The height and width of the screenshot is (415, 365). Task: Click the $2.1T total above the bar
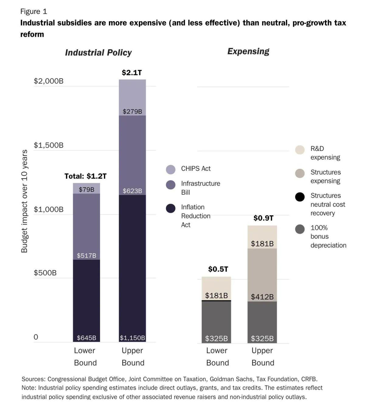pyautogui.click(x=132, y=72)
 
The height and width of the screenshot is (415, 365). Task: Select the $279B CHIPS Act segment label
pyautogui.click(x=132, y=111)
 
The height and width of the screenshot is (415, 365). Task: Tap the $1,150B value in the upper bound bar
pyautogui.click(x=132, y=338)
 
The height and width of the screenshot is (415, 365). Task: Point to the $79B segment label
pyautogui.click(x=86, y=189)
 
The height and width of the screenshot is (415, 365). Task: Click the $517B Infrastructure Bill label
pyautogui.click(x=86, y=255)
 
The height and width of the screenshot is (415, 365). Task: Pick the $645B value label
pyautogui.click(x=86, y=338)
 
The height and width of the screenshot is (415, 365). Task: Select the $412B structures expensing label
pyautogui.click(x=262, y=297)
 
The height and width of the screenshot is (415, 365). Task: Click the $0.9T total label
pyautogui.click(x=263, y=218)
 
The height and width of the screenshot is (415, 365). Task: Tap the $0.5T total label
pyautogui.click(x=218, y=269)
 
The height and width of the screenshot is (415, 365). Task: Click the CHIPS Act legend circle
pyautogui.click(x=171, y=169)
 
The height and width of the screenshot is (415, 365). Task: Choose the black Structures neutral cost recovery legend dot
pyautogui.click(x=300, y=197)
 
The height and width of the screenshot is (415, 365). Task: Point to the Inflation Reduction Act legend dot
pyautogui.click(x=171, y=208)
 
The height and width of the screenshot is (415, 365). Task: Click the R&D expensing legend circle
pyautogui.click(x=300, y=150)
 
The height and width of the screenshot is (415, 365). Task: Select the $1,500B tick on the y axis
pyautogui.click(x=49, y=145)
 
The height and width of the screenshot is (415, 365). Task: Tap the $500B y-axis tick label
pyautogui.click(x=45, y=273)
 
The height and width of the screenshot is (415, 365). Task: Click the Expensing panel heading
pyautogui.click(x=248, y=51)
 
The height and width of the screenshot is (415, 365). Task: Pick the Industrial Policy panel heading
pyautogui.click(x=98, y=53)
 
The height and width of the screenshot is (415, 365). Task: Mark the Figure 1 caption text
pyautogui.click(x=34, y=12)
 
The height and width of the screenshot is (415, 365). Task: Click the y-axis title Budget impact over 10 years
pyautogui.click(x=24, y=201)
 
